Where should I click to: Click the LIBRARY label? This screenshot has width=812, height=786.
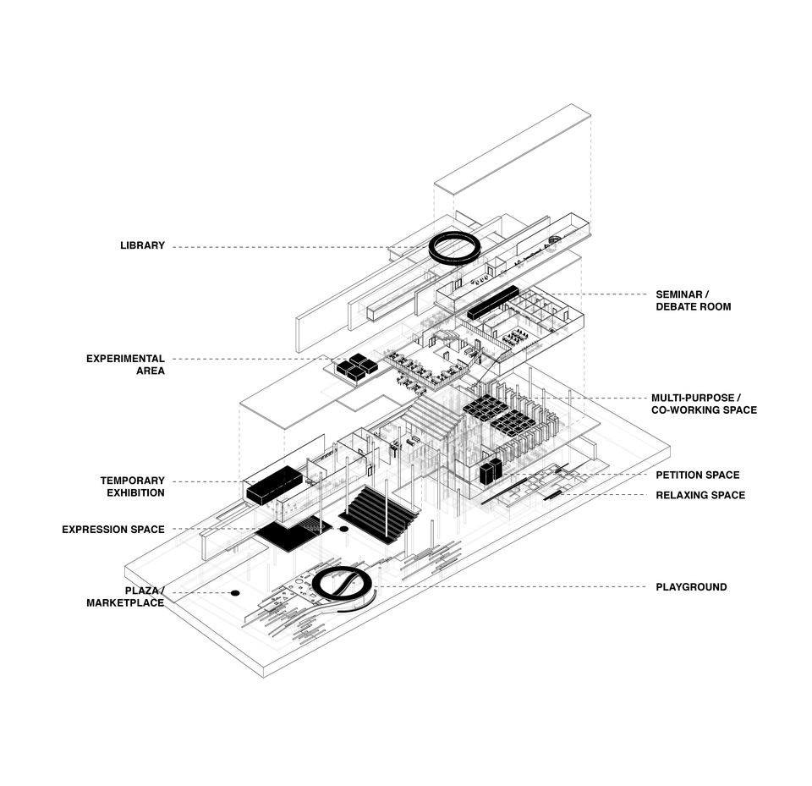click(142, 245)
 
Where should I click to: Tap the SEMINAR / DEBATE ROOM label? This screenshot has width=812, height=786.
click(694, 300)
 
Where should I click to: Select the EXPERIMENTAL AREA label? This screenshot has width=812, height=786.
click(125, 365)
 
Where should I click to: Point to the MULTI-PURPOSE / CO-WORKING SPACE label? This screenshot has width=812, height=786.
click(704, 404)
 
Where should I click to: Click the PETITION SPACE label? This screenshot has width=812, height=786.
click(698, 475)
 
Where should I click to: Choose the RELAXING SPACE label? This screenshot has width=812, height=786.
click(700, 495)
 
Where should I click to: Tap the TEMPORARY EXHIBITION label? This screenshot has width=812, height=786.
click(133, 486)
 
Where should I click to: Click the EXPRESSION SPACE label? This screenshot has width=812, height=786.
click(113, 530)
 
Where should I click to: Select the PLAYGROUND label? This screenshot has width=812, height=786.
click(691, 587)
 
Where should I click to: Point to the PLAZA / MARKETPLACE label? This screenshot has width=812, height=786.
click(125, 596)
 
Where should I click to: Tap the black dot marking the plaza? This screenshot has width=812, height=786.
click(235, 593)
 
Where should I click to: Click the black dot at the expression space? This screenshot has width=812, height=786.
click(343, 529)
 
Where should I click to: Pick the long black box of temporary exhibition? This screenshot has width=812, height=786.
click(274, 485)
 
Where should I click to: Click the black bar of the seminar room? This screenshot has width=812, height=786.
click(492, 303)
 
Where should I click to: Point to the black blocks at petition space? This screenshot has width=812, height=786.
click(491, 471)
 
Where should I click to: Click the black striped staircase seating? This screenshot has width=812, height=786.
click(379, 514)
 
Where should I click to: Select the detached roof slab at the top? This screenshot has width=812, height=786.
click(513, 149)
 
